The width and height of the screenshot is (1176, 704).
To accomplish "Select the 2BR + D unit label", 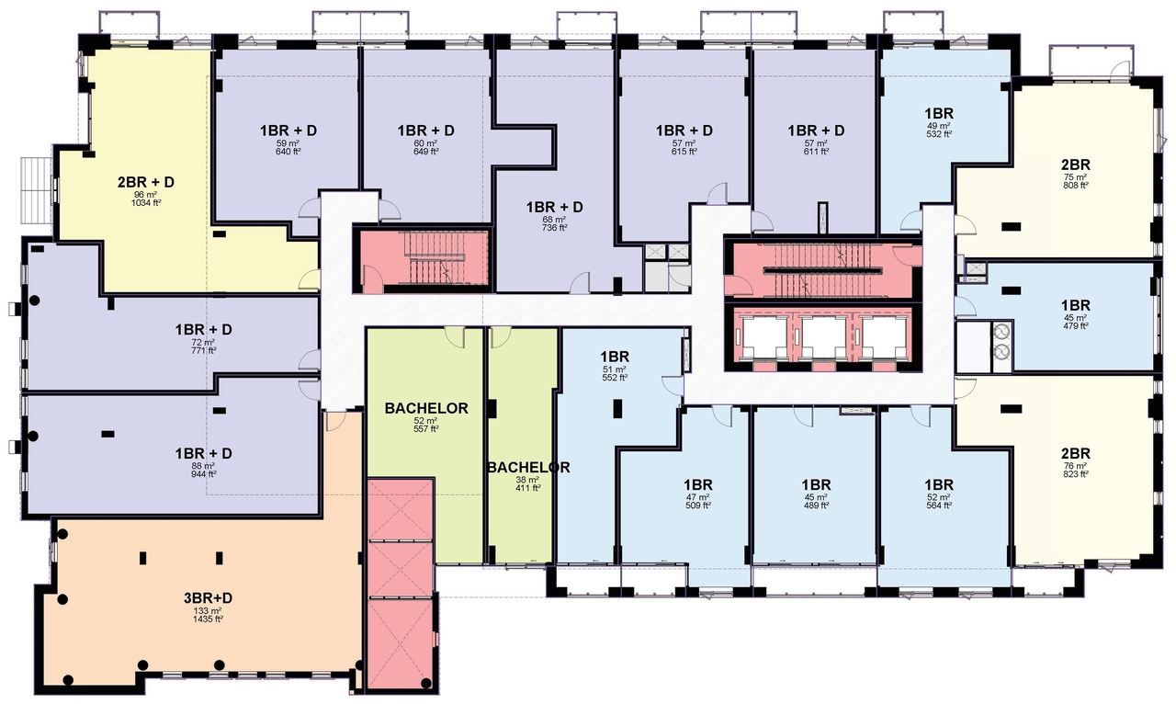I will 145,182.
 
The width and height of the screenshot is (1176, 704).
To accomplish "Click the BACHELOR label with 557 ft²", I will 426,408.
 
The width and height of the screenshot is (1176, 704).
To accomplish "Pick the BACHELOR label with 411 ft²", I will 528,468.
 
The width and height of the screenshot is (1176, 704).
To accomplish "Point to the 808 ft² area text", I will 1075,185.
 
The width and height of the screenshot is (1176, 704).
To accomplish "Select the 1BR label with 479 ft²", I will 1075,305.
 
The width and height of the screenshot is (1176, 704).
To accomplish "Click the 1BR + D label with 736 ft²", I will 555,208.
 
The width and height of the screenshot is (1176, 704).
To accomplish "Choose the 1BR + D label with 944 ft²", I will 203,453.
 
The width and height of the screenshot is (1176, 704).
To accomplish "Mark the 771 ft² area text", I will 203,350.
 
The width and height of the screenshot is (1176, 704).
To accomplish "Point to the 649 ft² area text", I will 425,152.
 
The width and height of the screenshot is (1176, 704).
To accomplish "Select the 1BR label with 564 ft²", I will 938,484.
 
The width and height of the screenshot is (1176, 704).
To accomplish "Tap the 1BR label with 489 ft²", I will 816,484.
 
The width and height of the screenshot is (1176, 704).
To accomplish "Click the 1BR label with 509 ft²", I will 698,484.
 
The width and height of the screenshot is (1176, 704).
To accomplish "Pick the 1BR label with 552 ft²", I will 614,356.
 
